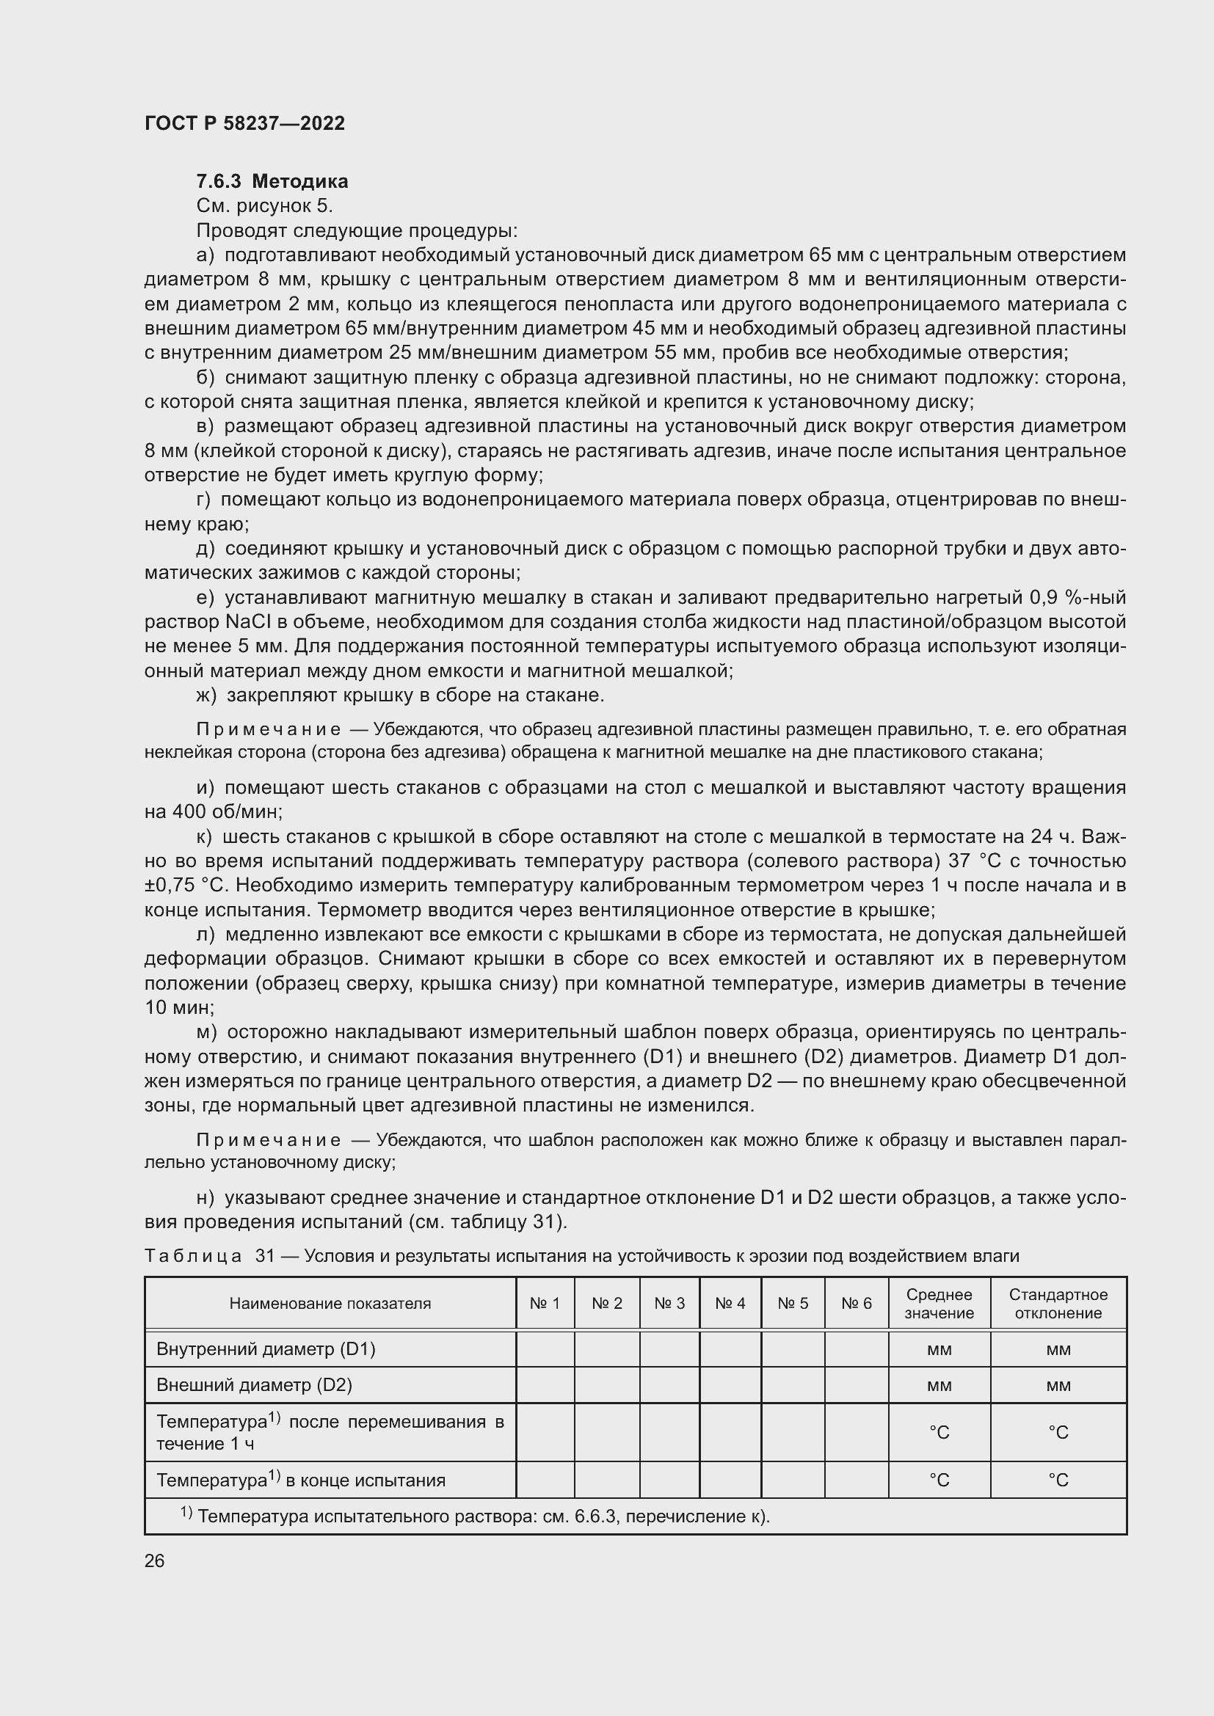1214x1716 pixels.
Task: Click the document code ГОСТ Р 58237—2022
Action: (244, 123)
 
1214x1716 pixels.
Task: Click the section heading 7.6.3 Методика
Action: (272, 182)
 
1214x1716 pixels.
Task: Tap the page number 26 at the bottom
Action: (154, 1560)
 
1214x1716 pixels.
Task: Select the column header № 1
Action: (544, 1304)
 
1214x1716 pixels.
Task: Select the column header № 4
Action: (730, 1304)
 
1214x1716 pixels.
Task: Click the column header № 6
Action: (856, 1304)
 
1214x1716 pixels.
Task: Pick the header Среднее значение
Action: (939, 1304)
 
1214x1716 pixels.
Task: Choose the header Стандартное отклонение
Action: (1058, 1304)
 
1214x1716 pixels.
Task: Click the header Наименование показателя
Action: (330, 1304)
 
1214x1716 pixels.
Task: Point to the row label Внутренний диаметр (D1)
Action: (266, 1349)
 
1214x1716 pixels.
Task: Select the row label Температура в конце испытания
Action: (300, 1480)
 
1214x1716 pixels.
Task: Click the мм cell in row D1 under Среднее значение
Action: (939, 1350)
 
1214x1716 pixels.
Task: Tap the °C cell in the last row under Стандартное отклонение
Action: (1058, 1480)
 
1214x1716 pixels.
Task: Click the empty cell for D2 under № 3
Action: (669, 1385)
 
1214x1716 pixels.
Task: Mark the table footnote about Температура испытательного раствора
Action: (476, 1516)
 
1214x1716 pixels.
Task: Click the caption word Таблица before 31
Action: (193, 1256)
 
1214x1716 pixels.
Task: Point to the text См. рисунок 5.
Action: (264, 206)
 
